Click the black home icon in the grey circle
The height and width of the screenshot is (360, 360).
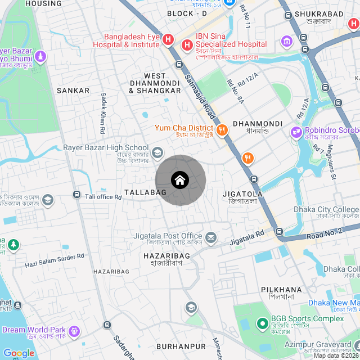180,180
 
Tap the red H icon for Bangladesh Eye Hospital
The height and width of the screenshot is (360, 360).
168,39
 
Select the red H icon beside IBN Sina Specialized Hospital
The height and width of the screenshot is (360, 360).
186,44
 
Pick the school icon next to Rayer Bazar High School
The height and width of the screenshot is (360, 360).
157,152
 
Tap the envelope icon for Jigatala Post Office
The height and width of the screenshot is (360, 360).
211,238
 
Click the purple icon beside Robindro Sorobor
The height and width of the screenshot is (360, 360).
296,133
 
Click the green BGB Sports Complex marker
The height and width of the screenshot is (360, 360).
262,323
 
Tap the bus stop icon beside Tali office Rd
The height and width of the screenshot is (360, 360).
76,195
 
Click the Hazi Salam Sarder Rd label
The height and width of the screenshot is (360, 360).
54,259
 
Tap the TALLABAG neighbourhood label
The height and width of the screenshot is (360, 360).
145,192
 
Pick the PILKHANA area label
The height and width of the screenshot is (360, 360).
281,290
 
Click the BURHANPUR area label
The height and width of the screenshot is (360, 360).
181,345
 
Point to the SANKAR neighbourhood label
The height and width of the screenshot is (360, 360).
73,90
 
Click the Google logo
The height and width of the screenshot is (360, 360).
19,353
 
